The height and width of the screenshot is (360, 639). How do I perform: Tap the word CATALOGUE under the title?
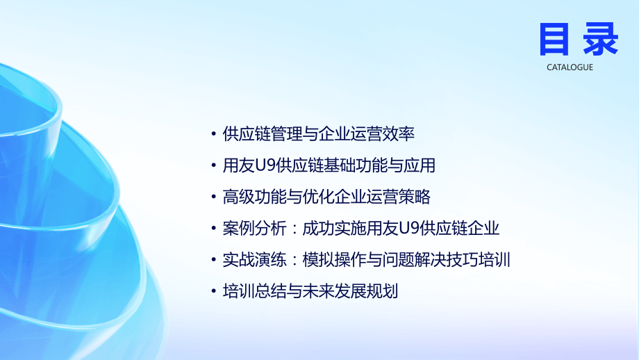[570, 67]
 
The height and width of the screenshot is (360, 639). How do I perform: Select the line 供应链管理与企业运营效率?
[319, 134]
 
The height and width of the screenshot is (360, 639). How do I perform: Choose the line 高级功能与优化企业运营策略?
[326, 197]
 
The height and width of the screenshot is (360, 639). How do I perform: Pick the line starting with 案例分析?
[361, 229]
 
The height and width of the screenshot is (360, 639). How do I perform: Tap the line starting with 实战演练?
[367, 260]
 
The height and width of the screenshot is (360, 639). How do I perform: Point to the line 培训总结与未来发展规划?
[310, 291]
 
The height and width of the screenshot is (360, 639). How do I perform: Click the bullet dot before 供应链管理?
[213, 135]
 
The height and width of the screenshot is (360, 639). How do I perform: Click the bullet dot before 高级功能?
[213, 197]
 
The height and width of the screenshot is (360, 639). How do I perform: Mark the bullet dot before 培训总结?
[213, 292]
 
